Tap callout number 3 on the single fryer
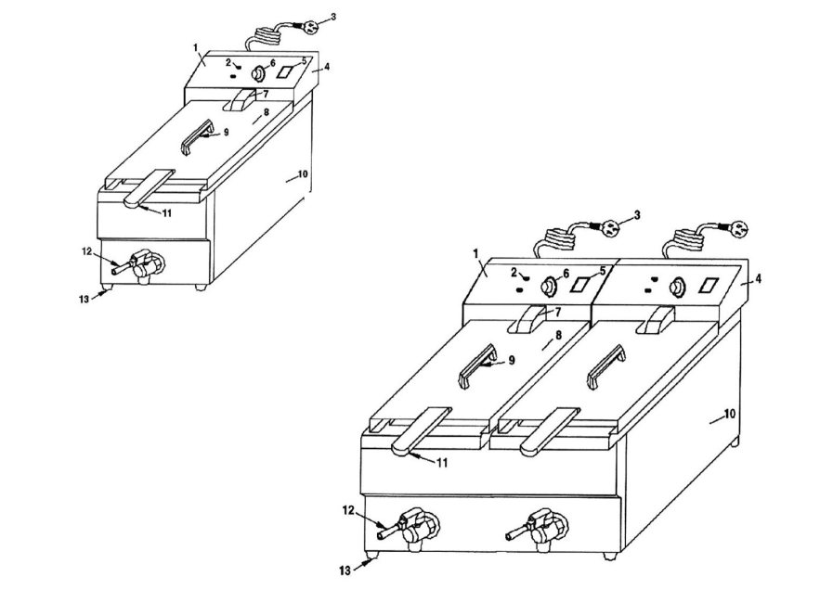click(x=333, y=17)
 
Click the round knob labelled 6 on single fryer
click(x=258, y=75)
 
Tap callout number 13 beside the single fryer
click(x=84, y=300)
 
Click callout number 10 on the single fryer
click(x=303, y=174)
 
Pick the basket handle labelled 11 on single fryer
click(x=149, y=187)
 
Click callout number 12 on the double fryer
click(x=348, y=510)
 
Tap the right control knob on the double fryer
click(x=678, y=288)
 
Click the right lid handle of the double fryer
click(x=606, y=366)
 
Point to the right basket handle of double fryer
click(x=550, y=430)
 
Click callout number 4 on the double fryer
click(x=759, y=278)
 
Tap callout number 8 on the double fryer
click(x=558, y=335)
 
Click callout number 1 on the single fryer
click(x=196, y=47)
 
